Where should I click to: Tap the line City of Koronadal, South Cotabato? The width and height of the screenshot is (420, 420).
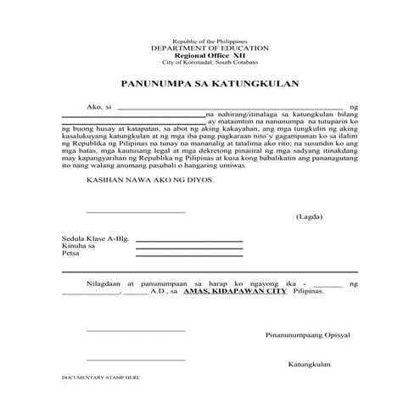(210, 64)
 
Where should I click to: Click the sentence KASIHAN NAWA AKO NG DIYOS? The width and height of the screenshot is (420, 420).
(150, 181)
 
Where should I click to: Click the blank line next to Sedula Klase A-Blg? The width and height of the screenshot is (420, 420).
(188, 242)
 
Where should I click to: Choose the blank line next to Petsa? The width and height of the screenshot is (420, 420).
(188, 256)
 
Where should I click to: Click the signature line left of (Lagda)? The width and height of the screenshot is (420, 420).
(135, 212)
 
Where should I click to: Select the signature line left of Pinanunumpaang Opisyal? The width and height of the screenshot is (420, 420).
(135, 331)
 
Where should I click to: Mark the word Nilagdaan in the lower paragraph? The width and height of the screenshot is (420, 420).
(104, 280)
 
